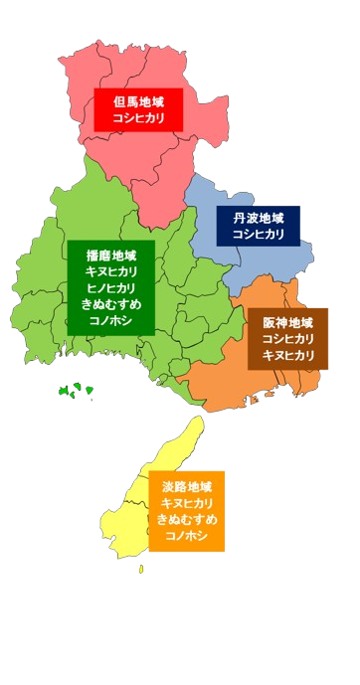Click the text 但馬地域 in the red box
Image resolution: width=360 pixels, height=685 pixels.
point(138,100)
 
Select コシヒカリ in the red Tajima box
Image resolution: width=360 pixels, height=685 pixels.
point(138,118)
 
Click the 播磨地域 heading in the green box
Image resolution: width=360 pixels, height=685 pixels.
point(111,254)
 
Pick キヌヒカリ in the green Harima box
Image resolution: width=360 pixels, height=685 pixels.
point(111,270)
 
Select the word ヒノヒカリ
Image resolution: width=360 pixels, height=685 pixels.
point(111,287)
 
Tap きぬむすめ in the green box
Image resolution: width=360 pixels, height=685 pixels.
point(111,304)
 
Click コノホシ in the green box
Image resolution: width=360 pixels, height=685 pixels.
point(111,321)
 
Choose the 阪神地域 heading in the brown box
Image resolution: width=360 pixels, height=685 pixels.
point(287,322)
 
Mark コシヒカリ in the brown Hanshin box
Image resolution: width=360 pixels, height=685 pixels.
point(287,339)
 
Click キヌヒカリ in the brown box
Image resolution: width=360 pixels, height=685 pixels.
point(287,356)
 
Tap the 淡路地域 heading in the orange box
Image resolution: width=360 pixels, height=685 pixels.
point(187,486)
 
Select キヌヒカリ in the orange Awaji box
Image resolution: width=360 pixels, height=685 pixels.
point(187,503)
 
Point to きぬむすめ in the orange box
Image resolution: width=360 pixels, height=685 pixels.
point(187,520)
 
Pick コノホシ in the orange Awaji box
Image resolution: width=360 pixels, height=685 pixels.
point(187,537)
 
